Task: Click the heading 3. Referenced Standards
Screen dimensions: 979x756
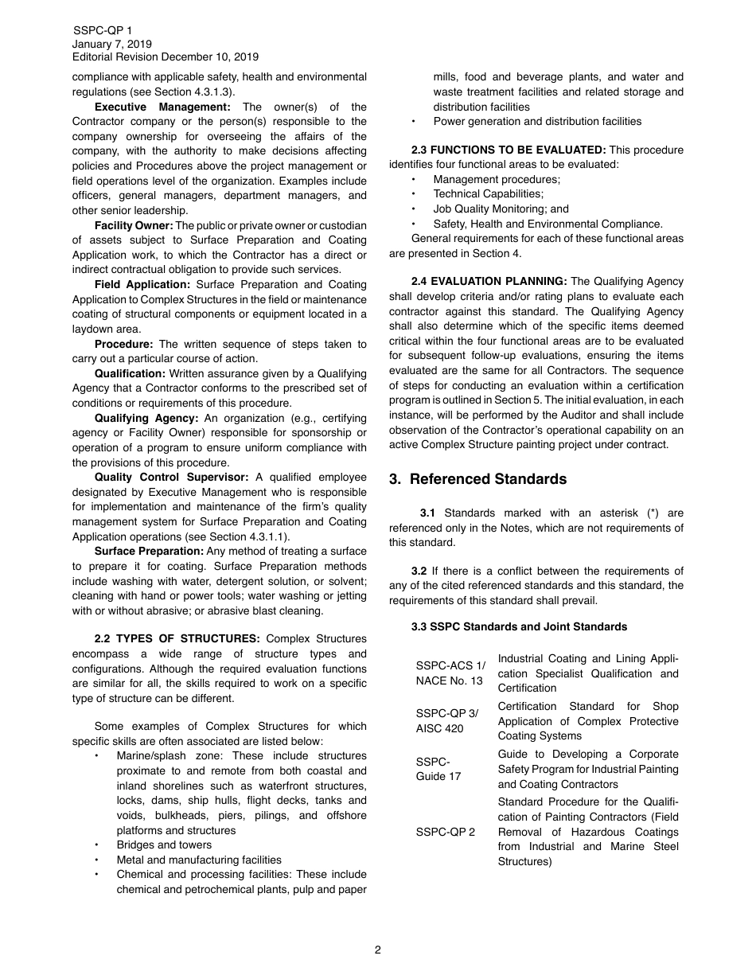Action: point(477,479)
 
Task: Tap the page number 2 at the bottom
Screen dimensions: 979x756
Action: point(378,950)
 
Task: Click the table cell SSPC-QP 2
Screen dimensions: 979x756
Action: point(446,832)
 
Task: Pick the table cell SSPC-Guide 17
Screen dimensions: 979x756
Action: point(438,769)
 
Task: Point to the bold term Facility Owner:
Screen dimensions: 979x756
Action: point(133,225)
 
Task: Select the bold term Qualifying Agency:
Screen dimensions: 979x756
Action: point(146,418)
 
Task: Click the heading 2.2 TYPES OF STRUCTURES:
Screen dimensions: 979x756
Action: point(177,639)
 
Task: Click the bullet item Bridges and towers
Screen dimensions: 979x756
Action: point(164,845)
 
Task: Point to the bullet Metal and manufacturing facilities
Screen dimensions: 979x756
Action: point(199,860)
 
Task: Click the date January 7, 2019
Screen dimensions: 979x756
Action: point(112,44)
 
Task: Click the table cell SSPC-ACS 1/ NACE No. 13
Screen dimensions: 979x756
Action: point(450,673)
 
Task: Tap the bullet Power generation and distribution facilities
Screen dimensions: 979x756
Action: point(537,122)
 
